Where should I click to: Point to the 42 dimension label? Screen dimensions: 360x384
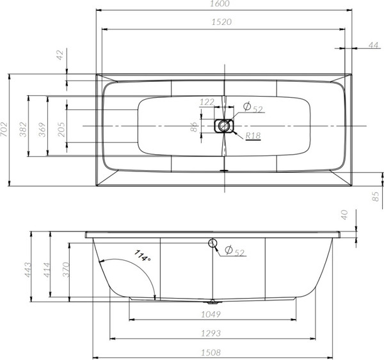pos(60,56)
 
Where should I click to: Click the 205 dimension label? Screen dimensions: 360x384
pos(61,130)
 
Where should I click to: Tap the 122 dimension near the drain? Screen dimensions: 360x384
pos(207,102)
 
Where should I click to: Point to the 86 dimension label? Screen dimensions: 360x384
pos(195,126)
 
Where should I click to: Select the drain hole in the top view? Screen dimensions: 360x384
pos(223,125)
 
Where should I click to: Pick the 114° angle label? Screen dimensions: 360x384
pos(142,257)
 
